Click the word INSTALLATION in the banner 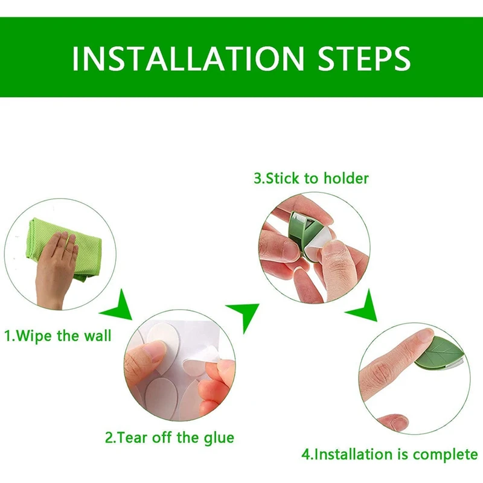coord(188,58)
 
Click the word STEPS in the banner coord(364,58)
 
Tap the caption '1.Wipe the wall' coord(58,336)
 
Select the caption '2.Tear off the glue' coord(170,438)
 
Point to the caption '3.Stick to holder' coord(311,178)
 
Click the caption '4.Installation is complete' coord(389,455)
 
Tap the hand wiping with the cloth coord(56,268)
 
